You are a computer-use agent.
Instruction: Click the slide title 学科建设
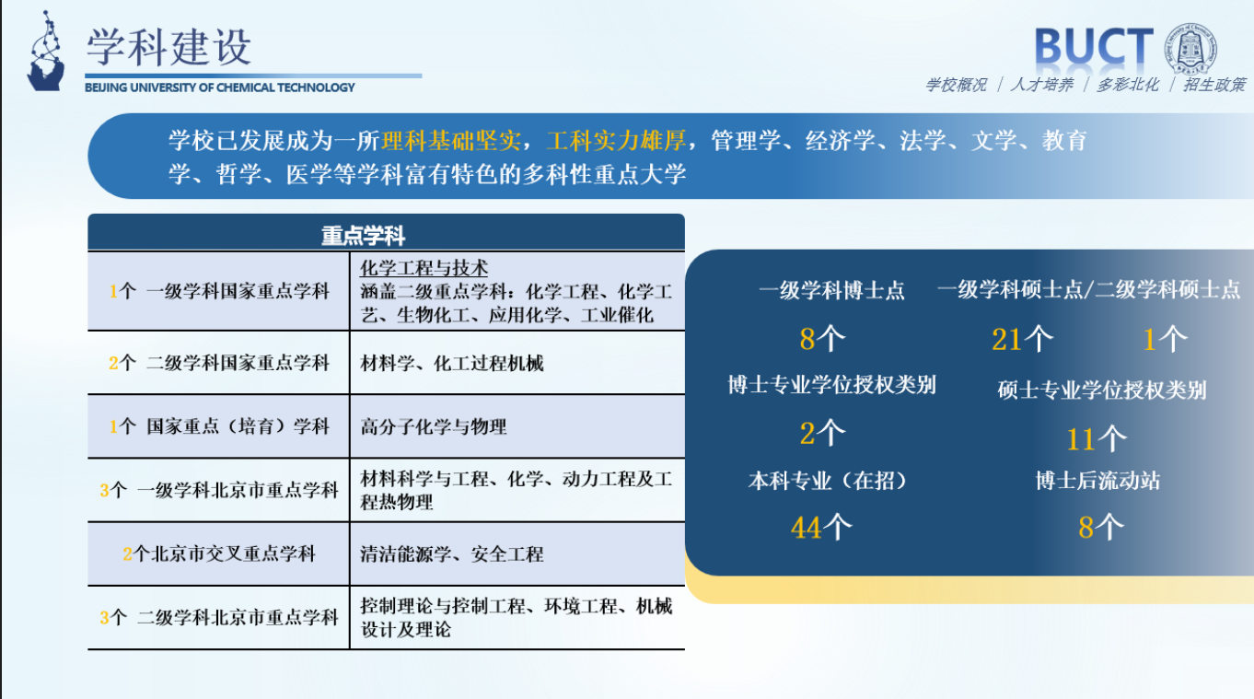168,46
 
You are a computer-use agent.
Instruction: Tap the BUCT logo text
1093,47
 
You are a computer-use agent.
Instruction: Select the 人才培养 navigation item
1042,85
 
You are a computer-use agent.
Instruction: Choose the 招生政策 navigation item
1214,85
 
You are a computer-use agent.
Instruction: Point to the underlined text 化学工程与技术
424,268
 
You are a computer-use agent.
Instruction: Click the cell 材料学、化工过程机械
452,363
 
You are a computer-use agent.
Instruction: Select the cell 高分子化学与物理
434,426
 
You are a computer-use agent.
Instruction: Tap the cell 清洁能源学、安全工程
452,553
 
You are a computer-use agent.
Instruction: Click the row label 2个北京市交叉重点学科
218,553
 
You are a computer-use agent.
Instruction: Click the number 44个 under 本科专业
820,527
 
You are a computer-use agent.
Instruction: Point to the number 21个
1022,340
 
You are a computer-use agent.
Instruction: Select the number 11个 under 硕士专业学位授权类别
1096,438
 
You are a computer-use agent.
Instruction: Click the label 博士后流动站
1097,481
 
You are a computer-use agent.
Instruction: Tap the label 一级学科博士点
831,291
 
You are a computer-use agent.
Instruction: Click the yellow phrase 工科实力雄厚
616,141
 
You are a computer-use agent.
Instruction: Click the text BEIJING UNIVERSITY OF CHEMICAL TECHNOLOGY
219,87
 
